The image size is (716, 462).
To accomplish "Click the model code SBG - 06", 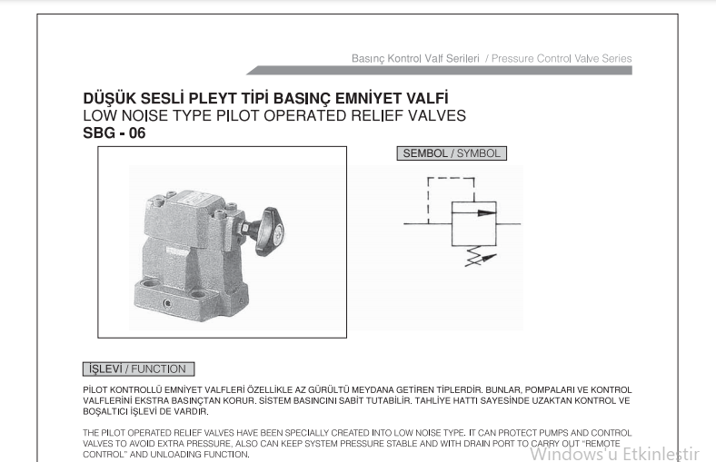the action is coord(114,133).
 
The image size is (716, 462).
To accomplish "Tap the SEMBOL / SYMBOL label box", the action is coord(452,153).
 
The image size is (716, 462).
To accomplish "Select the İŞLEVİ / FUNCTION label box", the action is coord(138,369).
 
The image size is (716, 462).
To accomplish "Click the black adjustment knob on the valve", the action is coord(272,231).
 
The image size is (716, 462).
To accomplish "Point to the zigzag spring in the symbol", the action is coord(475,256).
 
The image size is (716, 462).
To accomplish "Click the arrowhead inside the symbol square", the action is coord(487,212).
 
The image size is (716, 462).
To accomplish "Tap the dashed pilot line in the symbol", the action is coord(451,178).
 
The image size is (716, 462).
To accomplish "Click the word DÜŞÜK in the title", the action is coord(109,98).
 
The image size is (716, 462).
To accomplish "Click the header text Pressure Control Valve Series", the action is coord(562,58).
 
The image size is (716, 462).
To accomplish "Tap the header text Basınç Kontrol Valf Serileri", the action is coord(415,58).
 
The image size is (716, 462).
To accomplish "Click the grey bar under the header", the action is coord(439,70).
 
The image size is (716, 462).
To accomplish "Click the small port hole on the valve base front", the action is coord(167,303).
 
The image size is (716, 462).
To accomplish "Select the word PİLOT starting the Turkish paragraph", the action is coord(95,390).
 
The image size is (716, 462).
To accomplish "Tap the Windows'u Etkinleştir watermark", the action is coord(614,454).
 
